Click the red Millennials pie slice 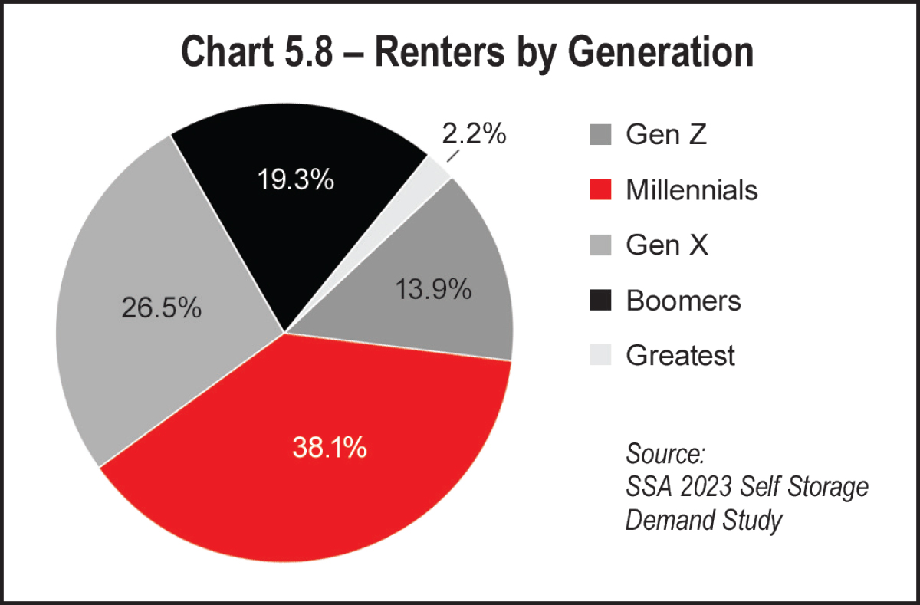click(322, 475)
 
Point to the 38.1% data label click(330, 447)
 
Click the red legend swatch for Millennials click(601, 189)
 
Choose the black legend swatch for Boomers click(601, 301)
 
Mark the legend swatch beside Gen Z click(601, 134)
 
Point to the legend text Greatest click(680, 356)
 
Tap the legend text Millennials click(692, 189)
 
